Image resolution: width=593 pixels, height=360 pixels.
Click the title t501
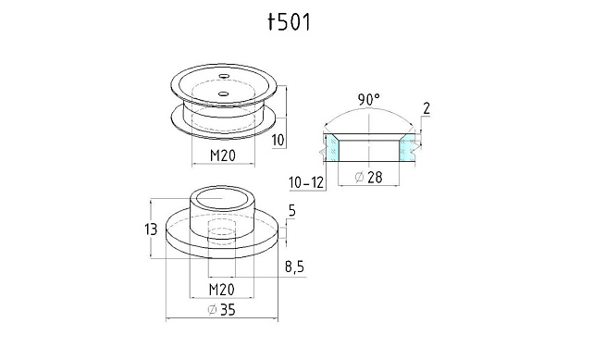(290, 22)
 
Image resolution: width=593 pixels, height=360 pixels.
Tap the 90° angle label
(369, 100)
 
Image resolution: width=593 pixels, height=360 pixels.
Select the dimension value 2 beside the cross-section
(426, 109)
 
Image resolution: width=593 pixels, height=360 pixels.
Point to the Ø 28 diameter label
(369, 177)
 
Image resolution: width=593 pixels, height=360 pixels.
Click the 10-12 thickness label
(306, 182)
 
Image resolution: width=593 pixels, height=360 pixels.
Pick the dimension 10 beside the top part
(278, 141)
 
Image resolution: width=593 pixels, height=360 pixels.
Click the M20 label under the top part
(223, 155)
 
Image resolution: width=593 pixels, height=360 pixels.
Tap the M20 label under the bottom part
(222, 290)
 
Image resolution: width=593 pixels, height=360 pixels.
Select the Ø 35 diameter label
(222, 310)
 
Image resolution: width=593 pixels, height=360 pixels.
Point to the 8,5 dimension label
(294, 267)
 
